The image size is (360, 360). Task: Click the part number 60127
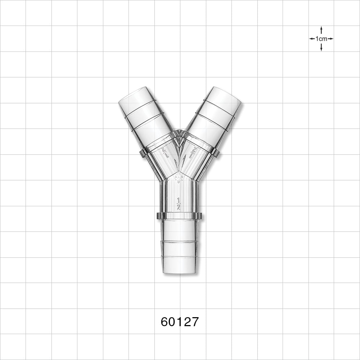(180, 321)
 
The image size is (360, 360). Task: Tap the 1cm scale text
(321, 39)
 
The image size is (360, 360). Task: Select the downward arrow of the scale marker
(321, 48)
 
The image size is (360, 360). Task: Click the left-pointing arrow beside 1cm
(311, 39)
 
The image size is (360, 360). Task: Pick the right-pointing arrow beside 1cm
(331, 39)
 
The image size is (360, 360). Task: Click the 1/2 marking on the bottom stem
(179, 203)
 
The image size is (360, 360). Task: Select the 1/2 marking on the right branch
(193, 152)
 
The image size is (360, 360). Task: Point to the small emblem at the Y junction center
(178, 177)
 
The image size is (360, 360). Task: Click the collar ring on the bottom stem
(179, 216)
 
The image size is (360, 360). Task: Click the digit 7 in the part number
(194, 321)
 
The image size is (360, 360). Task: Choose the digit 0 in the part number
(172, 321)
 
